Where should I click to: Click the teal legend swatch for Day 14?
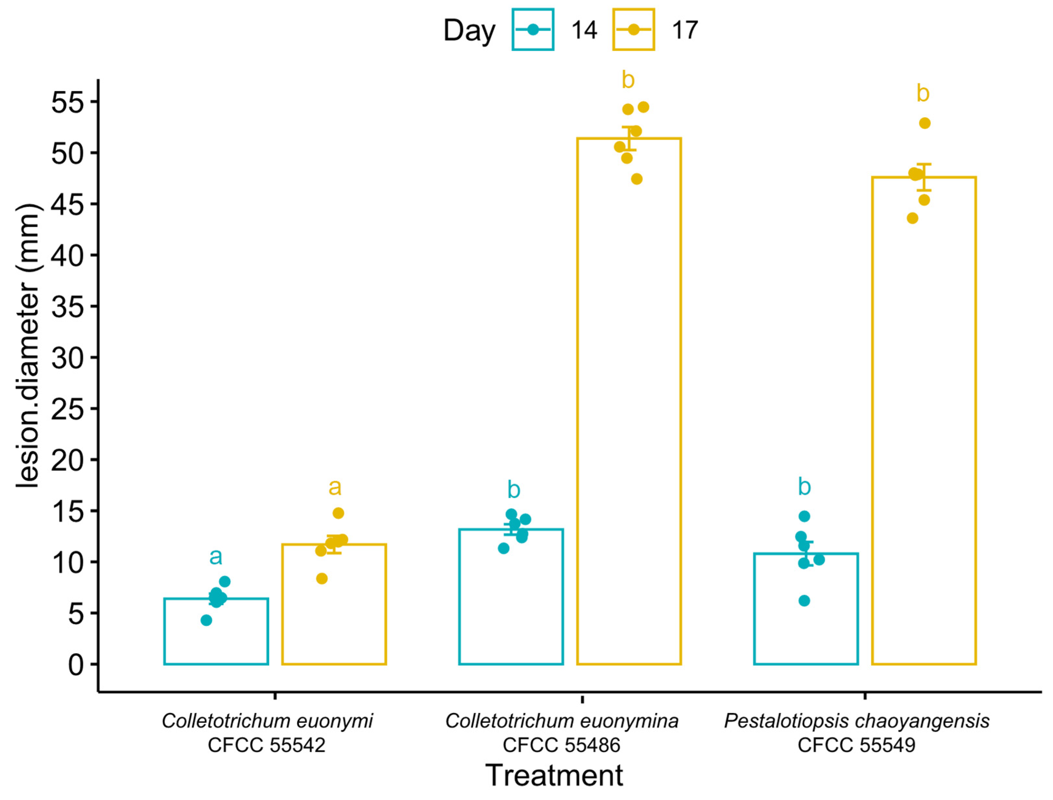tap(533, 30)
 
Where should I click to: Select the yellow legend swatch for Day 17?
tap(633, 30)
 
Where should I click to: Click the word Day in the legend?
tap(469, 31)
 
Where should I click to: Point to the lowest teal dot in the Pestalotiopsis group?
tap(804, 601)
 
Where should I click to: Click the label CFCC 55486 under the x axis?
tap(561, 745)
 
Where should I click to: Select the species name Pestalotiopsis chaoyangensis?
tap(856, 721)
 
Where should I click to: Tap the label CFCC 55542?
tap(266, 745)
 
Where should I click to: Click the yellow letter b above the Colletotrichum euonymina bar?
tap(628, 80)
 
